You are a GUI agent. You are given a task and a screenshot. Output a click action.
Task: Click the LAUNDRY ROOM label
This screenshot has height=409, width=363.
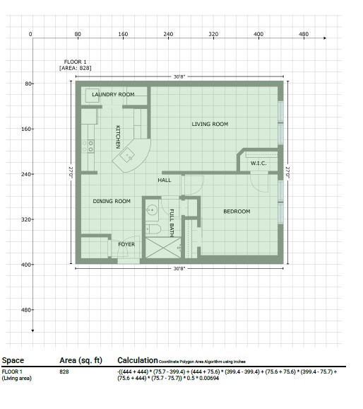pyautogui.click(x=113, y=94)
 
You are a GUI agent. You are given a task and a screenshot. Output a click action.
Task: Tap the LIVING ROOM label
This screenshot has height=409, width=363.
pyautogui.click(x=210, y=124)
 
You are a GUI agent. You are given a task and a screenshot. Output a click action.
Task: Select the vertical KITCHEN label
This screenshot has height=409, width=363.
pyautogui.click(x=118, y=137)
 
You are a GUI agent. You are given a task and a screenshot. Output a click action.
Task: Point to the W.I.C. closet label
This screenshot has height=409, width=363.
pyautogui.click(x=258, y=163)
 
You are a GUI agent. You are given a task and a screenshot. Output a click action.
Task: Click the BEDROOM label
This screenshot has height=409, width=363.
pyautogui.click(x=237, y=212)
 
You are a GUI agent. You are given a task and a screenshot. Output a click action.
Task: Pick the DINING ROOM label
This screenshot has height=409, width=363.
pyautogui.click(x=112, y=201)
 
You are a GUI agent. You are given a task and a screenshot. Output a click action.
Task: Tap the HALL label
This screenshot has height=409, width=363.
pyautogui.click(x=165, y=180)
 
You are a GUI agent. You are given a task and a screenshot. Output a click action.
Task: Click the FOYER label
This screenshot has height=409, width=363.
pyautogui.click(x=126, y=244)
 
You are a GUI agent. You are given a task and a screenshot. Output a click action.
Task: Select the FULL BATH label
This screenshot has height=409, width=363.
pyautogui.click(x=172, y=223)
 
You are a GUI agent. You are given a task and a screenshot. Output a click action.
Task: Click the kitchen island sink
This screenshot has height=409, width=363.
pyautogui.click(x=127, y=155)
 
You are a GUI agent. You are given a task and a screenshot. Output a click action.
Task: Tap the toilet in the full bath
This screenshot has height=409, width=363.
pyautogui.click(x=153, y=229)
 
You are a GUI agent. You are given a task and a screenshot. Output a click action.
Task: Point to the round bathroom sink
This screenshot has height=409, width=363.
pyautogui.click(x=152, y=209)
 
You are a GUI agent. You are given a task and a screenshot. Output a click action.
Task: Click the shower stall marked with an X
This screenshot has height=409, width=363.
pyautogui.click(x=163, y=248)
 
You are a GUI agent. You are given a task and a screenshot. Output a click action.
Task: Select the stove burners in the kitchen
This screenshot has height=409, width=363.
pyautogui.click(x=88, y=146)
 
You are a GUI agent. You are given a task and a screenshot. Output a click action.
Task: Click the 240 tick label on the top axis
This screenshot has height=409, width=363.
pyautogui.click(x=168, y=34)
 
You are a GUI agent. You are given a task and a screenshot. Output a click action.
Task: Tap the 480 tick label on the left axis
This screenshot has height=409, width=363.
pyautogui.click(x=26, y=310)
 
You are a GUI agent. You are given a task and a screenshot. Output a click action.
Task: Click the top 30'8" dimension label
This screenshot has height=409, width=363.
pyautogui.click(x=179, y=76)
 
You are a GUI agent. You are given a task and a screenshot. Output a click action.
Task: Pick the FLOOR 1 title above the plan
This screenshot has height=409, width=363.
pyautogui.click(x=75, y=62)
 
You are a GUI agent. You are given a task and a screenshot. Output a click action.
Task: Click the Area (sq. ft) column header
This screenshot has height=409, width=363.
pyautogui.click(x=81, y=360)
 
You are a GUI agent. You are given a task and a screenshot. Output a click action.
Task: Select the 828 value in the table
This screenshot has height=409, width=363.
pyautogui.click(x=64, y=371)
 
